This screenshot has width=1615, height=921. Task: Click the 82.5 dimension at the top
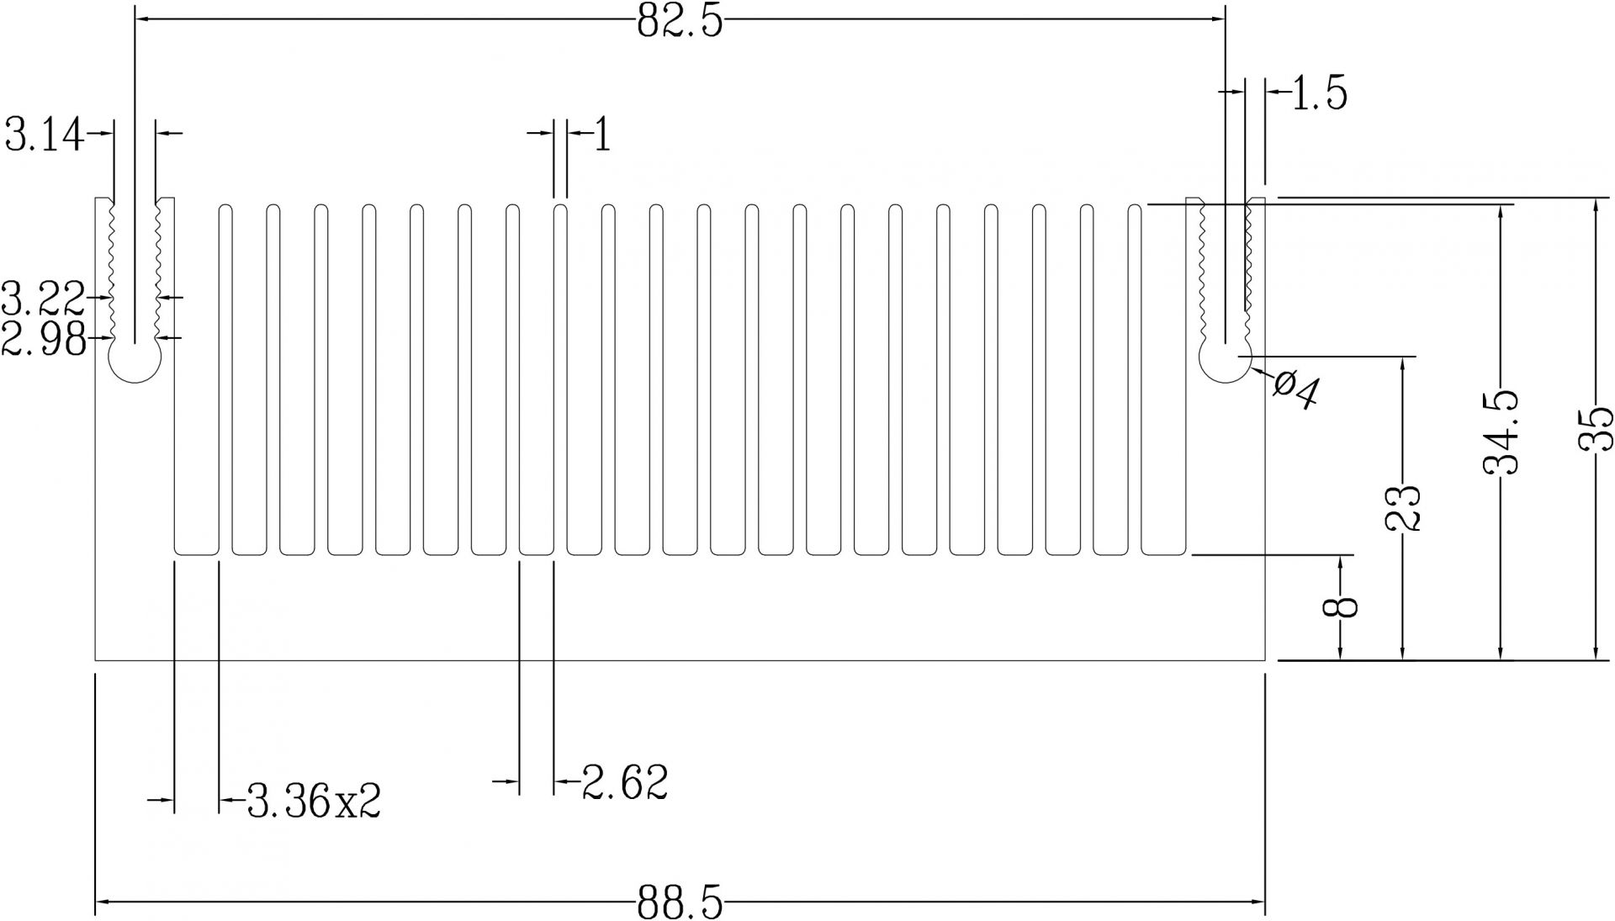pyautogui.click(x=680, y=21)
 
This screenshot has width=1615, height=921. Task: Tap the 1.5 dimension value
pyautogui.click(x=1318, y=93)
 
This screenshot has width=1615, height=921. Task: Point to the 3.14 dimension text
pyautogui.click(x=45, y=135)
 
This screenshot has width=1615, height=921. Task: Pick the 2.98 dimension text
pyautogui.click(x=44, y=340)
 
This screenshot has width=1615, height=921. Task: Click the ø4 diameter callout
pyautogui.click(x=1296, y=390)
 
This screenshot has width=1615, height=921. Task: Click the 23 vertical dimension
pyautogui.click(x=1402, y=507)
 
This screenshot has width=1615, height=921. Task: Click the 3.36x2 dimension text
pyautogui.click(x=314, y=802)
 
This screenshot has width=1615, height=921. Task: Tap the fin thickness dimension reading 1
pyautogui.click(x=601, y=135)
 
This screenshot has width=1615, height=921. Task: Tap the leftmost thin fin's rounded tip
pyautogui.click(x=225, y=207)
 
